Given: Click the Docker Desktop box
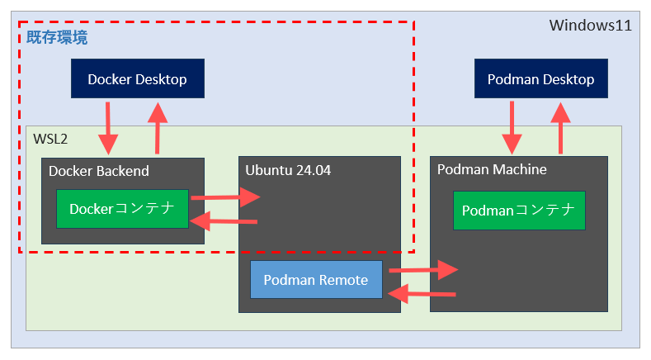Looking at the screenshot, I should pyautogui.click(x=137, y=79).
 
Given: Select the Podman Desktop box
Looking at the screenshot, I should pyautogui.click(x=540, y=79).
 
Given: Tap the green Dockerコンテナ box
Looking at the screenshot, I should pyautogui.click(x=122, y=209).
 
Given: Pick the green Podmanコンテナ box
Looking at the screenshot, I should pyautogui.click(x=518, y=211).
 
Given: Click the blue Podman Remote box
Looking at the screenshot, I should pyautogui.click(x=316, y=280).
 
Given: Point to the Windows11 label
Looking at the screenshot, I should pyautogui.click(x=590, y=26).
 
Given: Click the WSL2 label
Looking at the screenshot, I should pyautogui.click(x=50, y=139).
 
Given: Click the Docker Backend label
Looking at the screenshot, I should pyautogui.click(x=99, y=171).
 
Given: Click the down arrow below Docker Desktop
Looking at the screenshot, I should pyautogui.click(x=108, y=127).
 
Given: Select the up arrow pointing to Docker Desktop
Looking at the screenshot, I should pyautogui.click(x=156, y=127).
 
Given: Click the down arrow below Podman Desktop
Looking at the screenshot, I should pyautogui.click(x=513, y=127).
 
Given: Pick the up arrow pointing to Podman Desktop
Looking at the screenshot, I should pyautogui.click(x=562, y=127).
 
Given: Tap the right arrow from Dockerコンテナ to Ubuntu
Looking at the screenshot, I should pyautogui.click(x=224, y=197).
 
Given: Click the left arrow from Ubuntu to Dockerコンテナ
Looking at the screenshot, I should pyautogui.click(x=224, y=221).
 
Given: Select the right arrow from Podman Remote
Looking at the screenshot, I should pyautogui.click(x=422, y=269).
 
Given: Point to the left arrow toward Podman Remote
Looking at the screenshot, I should pyautogui.click(x=422, y=293).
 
